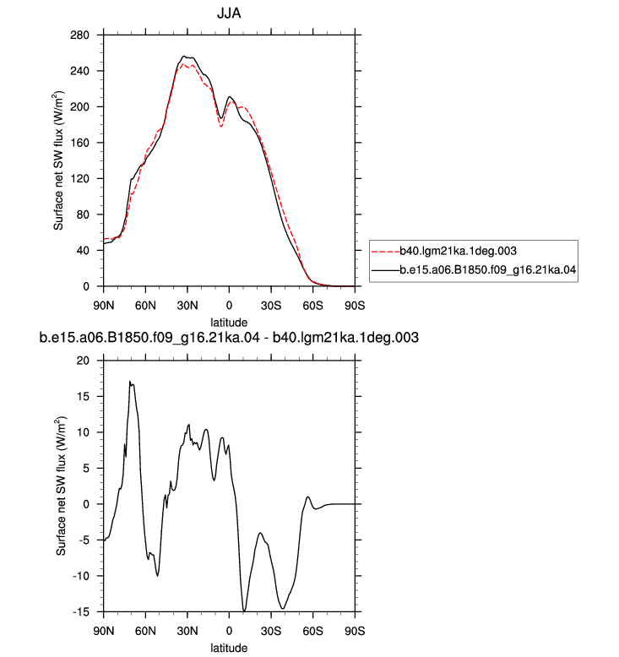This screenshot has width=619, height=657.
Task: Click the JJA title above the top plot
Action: pyautogui.click(x=229, y=14)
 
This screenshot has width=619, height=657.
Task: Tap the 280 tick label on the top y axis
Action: pyautogui.click(x=79, y=35)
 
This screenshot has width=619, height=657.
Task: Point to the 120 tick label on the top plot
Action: pyautogui.click(x=79, y=179)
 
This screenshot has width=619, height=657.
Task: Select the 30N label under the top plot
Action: pyautogui.click(x=187, y=306)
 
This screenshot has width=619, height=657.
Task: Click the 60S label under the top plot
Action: pyautogui.click(x=312, y=306)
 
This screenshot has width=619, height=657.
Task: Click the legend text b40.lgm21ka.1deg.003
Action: pyautogui.click(x=458, y=251)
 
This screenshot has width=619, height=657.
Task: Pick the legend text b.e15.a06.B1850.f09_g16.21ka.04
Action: pyautogui.click(x=488, y=269)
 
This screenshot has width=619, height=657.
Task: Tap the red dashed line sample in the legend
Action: pyautogui.click(x=386, y=252)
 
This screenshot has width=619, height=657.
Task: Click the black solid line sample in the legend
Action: pyautogui.click(x=386, y=270)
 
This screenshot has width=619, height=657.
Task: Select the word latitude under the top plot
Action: pyautogui.click(x=229, y=323)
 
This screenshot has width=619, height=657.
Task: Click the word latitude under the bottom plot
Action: pyautogui.click(x=229, y=648)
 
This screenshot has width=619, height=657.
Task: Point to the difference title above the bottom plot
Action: pyautogui.click(x=229, y=337)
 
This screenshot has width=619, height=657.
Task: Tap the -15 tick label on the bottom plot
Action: pyautogui.click(x=81, y=612)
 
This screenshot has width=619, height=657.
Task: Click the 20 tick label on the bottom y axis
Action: pyautogui.click(x=83, y=361)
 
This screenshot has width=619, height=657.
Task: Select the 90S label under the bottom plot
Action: pyautogui.click(x=355, y=631)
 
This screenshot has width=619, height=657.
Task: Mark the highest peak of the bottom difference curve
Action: pyautogui.click(x=130, y=382)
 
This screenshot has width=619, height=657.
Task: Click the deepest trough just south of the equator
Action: pyautogui.click(x=244, y=611)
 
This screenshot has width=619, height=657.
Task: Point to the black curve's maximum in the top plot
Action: pyautogui.click(x=183, y=56)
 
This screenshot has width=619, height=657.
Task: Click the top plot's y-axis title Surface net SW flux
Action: pyautogui.click(x=58, y=160)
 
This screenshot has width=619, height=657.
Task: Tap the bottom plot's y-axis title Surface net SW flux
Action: pyautogui.click(x=61, y=486)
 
